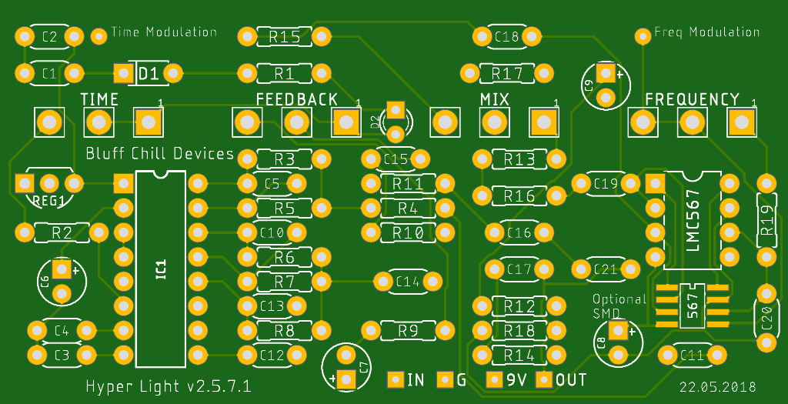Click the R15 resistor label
click(285, 37)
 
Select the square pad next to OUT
click(544, 379)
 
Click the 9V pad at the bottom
click(495, 379)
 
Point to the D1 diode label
click(149, 75)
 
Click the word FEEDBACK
click(297, 99)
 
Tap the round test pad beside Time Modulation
click(99, 36)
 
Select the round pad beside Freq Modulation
click(642, 36)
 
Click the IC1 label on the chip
click(161, 269)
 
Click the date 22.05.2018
click(718, 387)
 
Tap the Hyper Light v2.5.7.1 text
click(169, 386)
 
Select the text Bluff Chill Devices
click(160, 153)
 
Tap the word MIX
click(495, 99)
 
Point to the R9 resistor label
click(408, 331)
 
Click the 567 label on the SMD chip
click(693, 306)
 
